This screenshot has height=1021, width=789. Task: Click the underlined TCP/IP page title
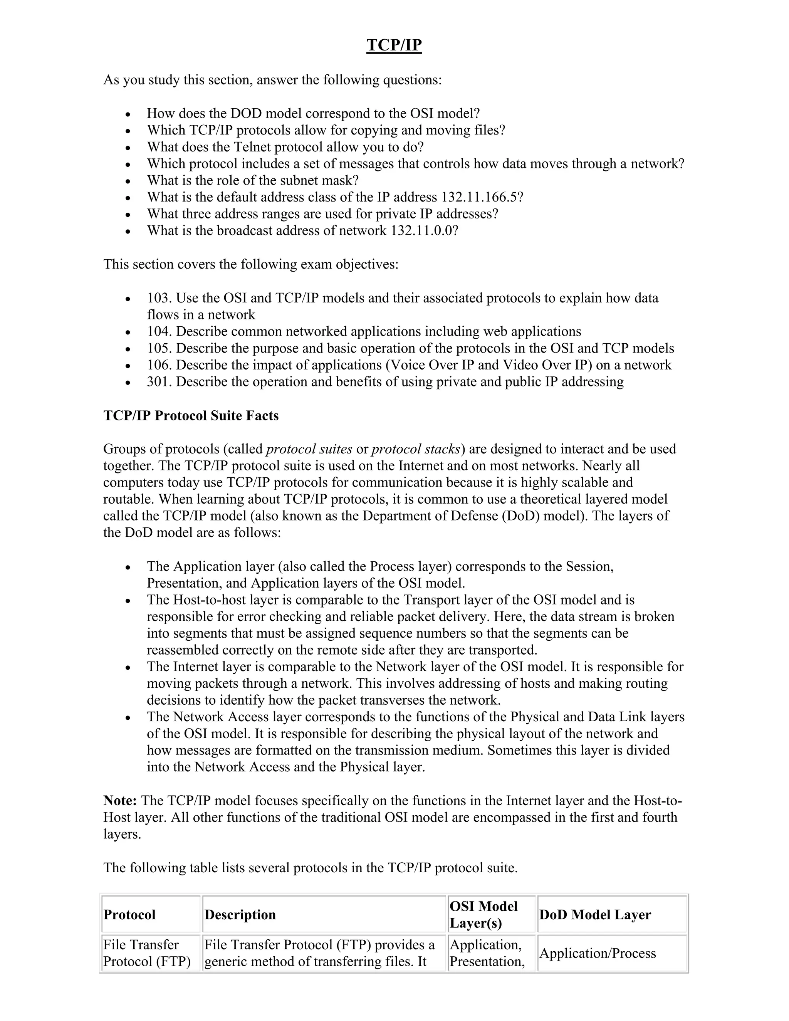tap(394, 45)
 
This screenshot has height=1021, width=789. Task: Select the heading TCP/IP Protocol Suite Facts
tap(191, 416)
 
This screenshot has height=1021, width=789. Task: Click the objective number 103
tap(159, 298)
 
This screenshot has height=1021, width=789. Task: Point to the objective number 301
tap(159, 382)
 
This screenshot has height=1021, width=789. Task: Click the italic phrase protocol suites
tap(309, 449)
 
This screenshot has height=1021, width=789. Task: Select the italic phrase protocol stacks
tap(416, 449)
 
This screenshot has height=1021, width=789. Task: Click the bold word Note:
tap(120, 801)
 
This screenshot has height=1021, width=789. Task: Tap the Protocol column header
tap(129, 915)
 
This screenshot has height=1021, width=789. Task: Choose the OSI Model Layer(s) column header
tap(484, 915)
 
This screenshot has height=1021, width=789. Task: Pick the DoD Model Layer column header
tap(594, 915)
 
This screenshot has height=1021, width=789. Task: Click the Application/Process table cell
tap(598, 954)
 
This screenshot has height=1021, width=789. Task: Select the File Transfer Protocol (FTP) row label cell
tap(147, 953)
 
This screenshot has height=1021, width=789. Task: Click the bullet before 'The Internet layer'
tap(128, 668)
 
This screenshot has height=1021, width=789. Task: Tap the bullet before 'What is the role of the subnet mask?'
tap(128, 181)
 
